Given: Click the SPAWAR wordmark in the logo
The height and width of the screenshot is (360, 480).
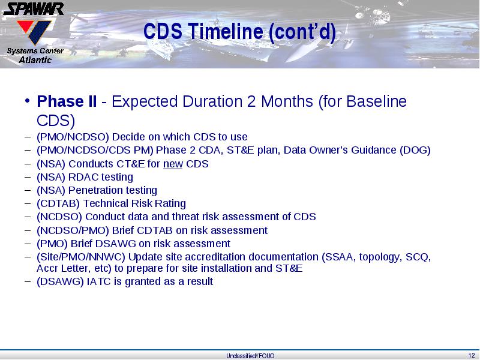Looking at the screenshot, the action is pyautogui.click(x=34, y=9).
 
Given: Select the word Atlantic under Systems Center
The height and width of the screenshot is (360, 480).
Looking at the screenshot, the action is pyautogui.click(x=35, y=59).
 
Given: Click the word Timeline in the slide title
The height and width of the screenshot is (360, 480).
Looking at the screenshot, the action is pyautogui.click(x=226, y=31).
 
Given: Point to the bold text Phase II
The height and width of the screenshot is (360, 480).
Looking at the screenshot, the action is pyautogui.click(x=67, y=101).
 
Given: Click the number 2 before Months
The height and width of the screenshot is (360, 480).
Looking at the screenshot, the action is pyautogui.click(x=251, y=101).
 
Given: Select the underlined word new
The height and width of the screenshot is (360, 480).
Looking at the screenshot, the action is pyautogui.click(x=173, y=164).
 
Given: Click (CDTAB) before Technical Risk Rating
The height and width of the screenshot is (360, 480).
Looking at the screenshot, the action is pyautogui.click(x=58, y=203).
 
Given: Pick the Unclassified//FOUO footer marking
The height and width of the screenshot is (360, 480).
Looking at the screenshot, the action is pyautogui.click(x=250, y=356).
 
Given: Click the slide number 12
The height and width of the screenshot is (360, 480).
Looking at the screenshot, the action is pyautogui.click(x=472, y=355).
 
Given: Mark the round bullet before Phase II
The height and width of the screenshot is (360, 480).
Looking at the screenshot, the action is pyautogui.click(x=27, y=100).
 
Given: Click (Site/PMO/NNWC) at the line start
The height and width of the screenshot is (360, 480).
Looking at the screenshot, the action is pyautogui.click(x=81, y=257).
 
